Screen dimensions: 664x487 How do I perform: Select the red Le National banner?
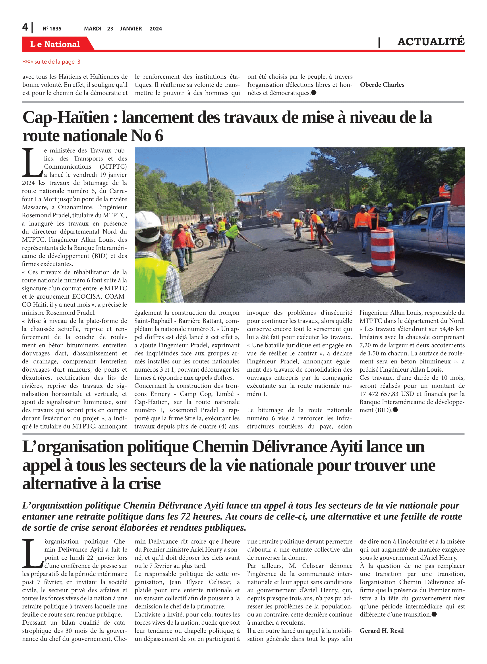55,44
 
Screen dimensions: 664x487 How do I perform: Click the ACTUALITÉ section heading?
431,42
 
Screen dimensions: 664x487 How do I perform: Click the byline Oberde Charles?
382,85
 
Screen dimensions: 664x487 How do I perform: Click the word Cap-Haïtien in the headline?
66,118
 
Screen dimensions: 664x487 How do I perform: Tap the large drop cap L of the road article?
32,163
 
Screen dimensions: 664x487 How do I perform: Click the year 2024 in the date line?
156,29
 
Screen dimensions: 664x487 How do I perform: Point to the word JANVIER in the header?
131,29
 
